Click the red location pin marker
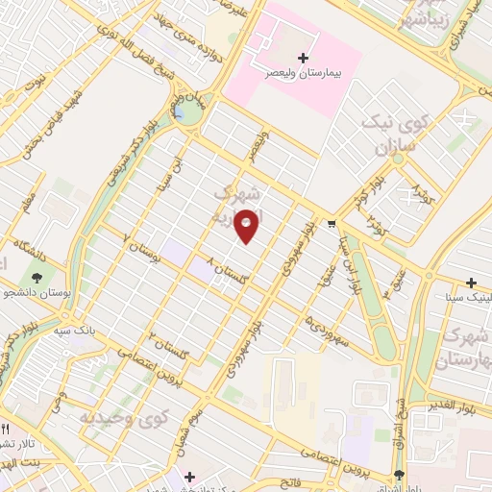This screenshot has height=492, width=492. pos(247,225)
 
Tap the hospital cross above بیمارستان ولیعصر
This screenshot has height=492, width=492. pos(305,58)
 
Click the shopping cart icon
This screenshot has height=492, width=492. pos(332,224)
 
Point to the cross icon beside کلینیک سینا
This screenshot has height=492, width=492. pos(471,283)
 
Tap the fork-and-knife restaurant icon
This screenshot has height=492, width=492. pos(4,429)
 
